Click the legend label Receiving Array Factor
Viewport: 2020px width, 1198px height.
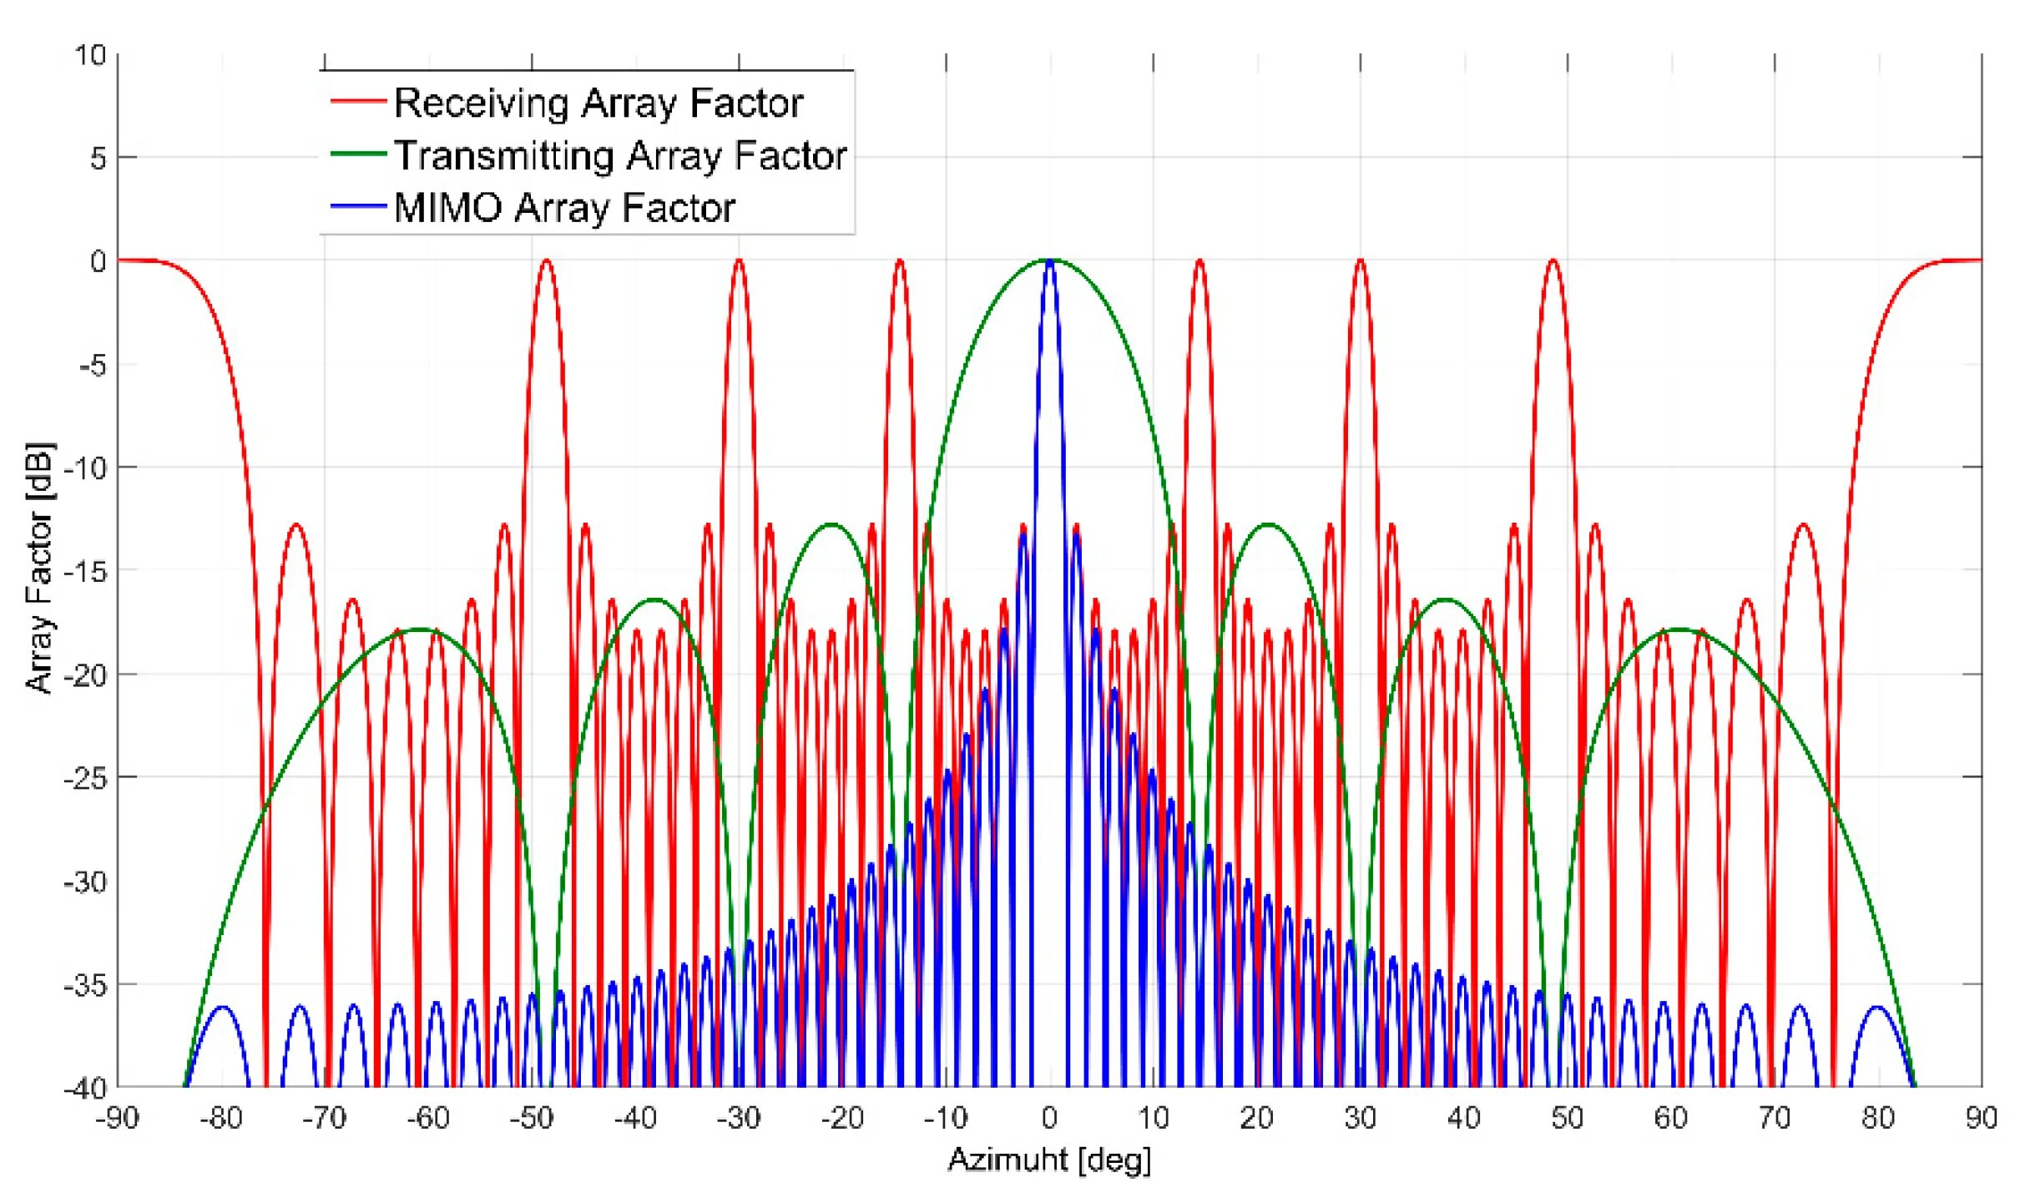[598, 103]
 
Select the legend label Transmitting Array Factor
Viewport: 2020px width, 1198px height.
[620, 155]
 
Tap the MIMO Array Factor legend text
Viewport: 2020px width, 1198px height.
[564, 207]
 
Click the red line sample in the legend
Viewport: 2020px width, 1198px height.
[358, 101]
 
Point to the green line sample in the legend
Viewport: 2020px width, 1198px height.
[358, 154]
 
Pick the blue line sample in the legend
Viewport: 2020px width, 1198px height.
[358, 206]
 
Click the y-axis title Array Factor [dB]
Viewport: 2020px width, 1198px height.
[38, 568]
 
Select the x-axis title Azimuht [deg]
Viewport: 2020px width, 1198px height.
[1049, 1160]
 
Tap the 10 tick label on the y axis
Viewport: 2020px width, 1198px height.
[90, 56]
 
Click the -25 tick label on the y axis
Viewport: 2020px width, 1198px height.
[85, 778]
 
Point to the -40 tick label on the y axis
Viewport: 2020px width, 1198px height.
[85, 1088]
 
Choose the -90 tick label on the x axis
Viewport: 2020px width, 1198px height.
[118, 1118]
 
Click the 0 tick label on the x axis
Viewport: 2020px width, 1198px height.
[1049, 1118]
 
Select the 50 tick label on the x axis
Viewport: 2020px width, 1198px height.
[1567, 1118]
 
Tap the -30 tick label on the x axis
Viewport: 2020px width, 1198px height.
[739, 1118]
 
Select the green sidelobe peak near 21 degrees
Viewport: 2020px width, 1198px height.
[1269, 524]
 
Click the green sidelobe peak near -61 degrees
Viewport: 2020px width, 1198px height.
[419, 629]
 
